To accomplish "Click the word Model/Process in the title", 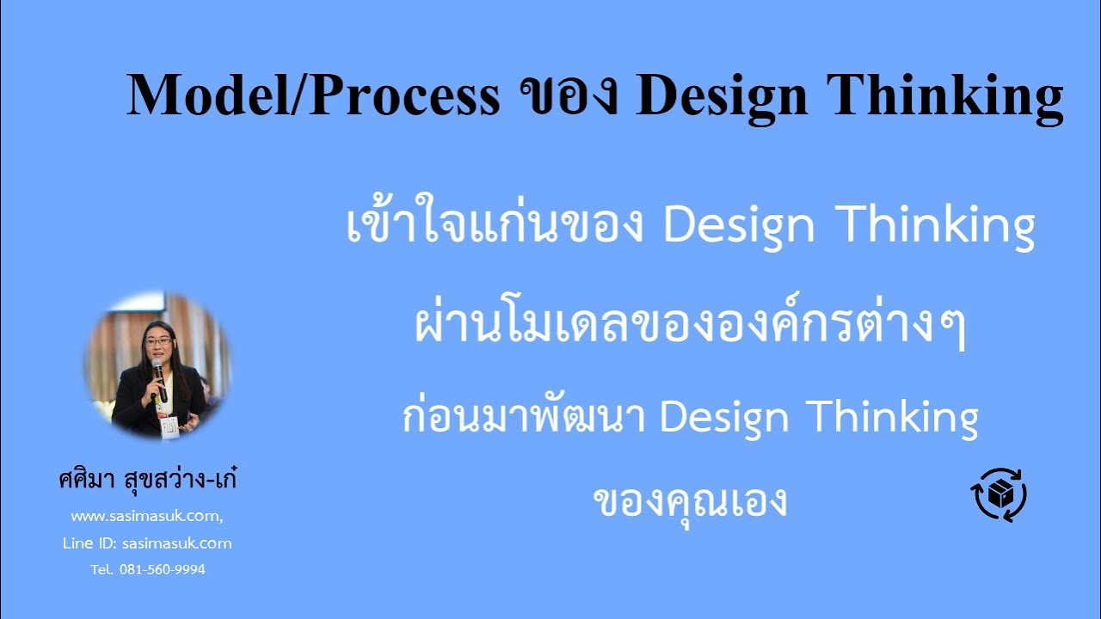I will (312, 95).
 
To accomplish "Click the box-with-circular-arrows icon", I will (999, 494).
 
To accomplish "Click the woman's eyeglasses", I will (158, 341).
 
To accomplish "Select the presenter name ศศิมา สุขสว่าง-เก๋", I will (147, 480).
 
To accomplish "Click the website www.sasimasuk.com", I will (146, 517).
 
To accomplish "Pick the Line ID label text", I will (90, 543).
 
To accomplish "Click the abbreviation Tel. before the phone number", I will (101, 569).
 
